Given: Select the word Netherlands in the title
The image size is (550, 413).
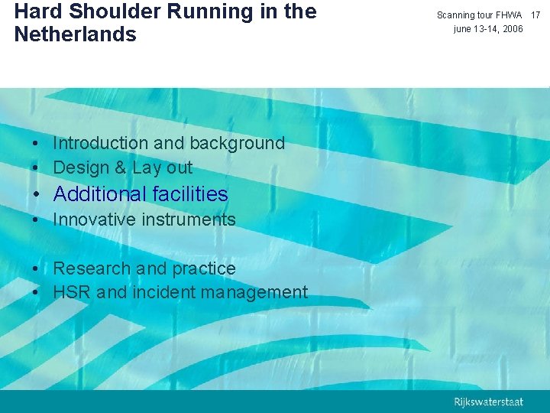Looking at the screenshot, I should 75,35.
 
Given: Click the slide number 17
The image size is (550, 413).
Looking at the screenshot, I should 535,15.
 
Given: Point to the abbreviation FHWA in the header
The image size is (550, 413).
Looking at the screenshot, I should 509,15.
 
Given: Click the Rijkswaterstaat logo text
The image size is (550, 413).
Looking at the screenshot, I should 489,402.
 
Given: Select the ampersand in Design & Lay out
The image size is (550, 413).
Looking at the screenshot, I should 121,167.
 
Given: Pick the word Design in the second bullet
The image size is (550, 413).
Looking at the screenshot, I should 81,167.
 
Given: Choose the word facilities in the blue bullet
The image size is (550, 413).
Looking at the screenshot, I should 189,194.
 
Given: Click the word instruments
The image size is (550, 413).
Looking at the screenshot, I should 189,220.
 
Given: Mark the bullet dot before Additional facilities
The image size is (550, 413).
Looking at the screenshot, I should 37,195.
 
